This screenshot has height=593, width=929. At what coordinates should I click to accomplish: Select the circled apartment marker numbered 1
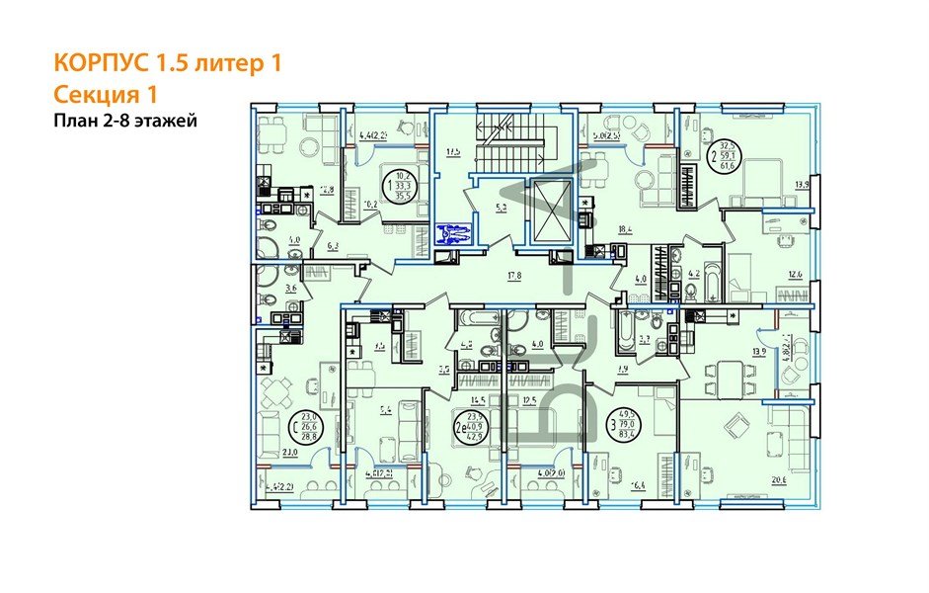pos(402,186)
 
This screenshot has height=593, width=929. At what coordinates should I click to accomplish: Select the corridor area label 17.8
pos(511,277)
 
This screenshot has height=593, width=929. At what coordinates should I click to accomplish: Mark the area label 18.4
pos(622,228)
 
